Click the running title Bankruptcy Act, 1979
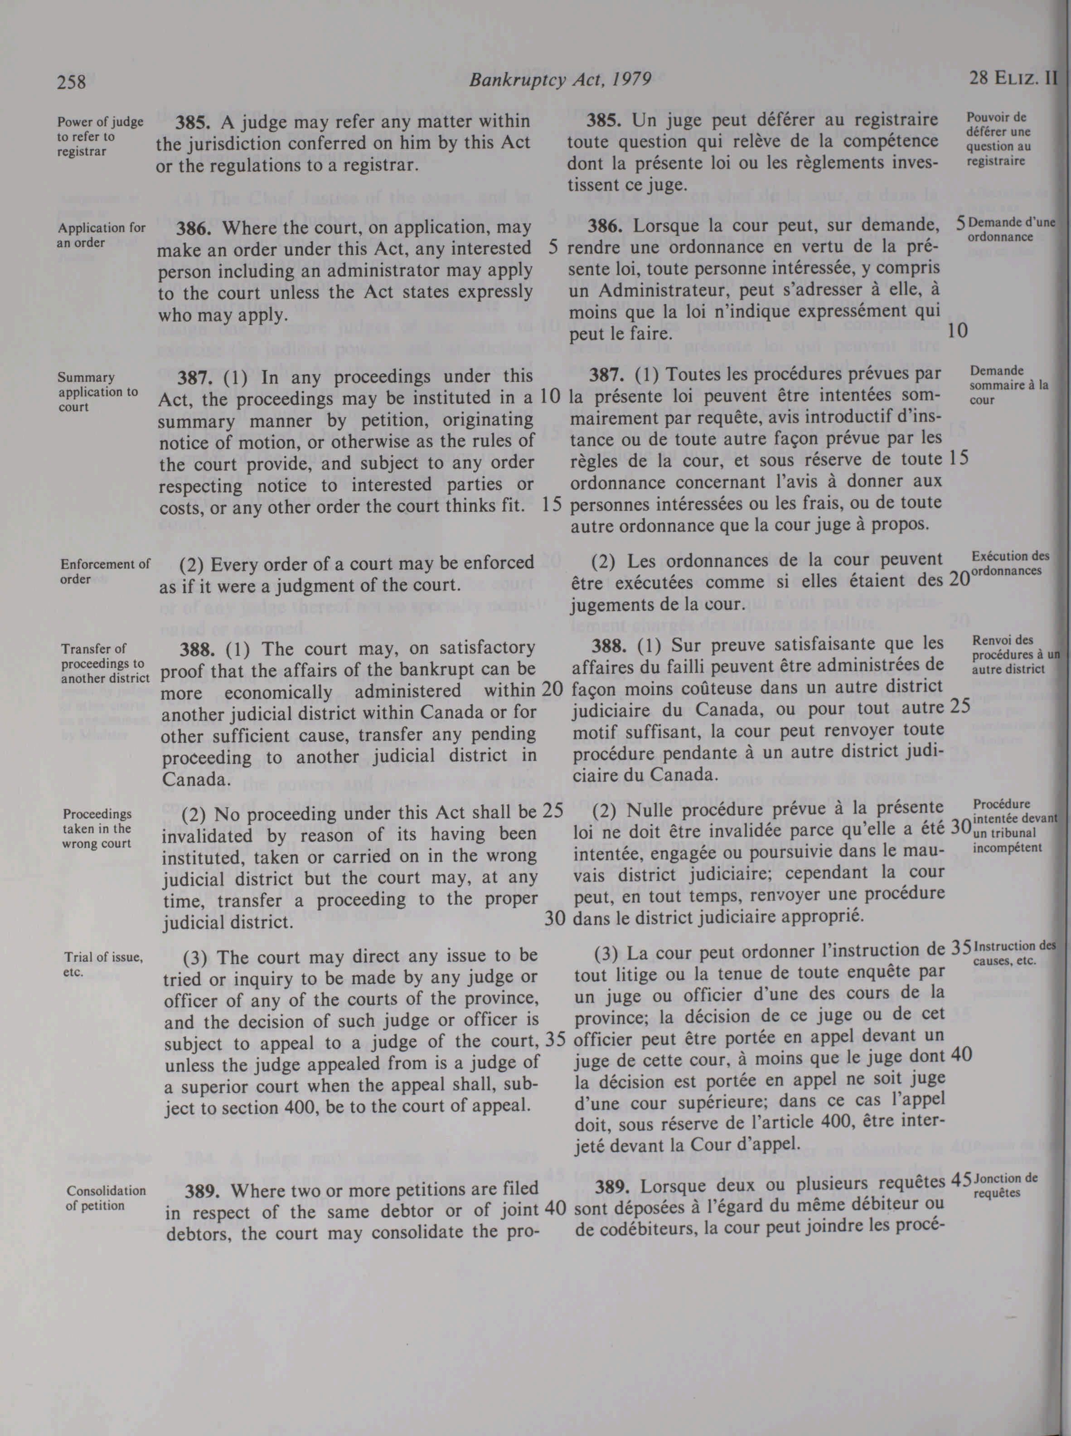tap(559, 80)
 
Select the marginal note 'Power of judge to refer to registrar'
tap(100, 136)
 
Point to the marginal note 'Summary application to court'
tap(97, 392)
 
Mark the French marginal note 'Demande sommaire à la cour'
tap(1009, 385)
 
